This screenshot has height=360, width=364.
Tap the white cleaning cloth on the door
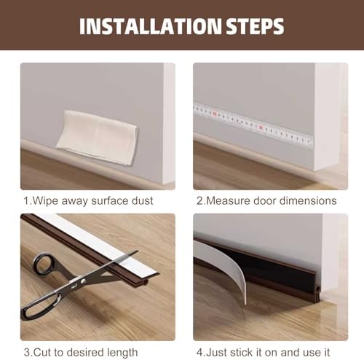[x=97, y=136]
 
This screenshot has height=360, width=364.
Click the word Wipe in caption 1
[x=43, y=200]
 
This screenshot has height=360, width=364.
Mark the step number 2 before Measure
[x=199, y=200]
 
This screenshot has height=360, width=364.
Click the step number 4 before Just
[x=199, y=351]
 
